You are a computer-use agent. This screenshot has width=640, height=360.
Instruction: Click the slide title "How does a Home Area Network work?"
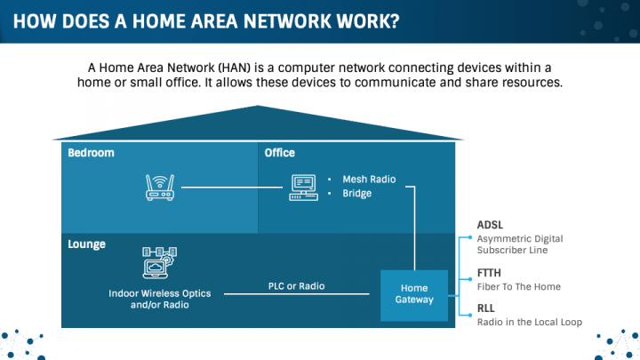[x=206, y=20]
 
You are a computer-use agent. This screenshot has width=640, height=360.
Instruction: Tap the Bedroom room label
[x=91, y=153]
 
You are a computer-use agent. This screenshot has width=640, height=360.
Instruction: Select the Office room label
[x=280, y=153]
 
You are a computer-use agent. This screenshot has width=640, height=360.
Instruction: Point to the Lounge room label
[x=87, y=244]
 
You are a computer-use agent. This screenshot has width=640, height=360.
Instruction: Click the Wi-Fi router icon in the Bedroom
[x=160, y=187]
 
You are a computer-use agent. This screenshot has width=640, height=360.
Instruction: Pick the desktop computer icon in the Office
[x=302, y=187]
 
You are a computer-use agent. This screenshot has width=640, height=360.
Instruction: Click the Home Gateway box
[x=414, y=293]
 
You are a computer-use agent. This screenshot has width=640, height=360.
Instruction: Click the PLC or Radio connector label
[x=296, y=286]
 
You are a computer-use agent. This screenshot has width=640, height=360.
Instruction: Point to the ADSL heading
[x=490, y=225]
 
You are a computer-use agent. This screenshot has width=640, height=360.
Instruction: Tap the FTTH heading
[x=490, y=274]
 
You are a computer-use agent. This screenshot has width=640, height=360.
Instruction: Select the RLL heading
[x=487, y=308]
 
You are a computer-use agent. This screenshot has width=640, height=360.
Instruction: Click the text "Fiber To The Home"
[x=519, y=287]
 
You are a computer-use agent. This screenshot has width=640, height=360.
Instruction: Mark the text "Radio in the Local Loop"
[x=530, y=322]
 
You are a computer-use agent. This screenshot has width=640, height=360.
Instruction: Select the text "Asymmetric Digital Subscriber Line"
[x=520, y=244]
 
